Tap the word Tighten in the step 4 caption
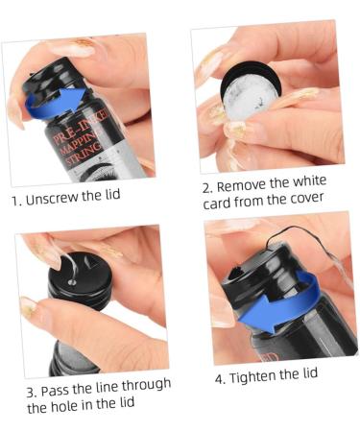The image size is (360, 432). pos(255,377)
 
